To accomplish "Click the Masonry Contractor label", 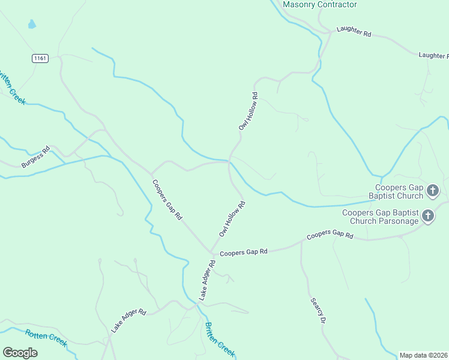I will point(319,5).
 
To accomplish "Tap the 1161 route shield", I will point(40,58).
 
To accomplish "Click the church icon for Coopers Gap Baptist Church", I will point(433,191).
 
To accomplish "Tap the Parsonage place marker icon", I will point(428,216).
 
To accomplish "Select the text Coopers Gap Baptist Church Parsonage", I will point(380,217).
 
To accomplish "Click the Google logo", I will point(20,353).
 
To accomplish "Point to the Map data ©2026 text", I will point(423,355).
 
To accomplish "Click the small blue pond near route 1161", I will point(31,25).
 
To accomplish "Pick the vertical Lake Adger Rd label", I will point(207,280).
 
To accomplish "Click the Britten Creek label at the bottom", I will point(220,340).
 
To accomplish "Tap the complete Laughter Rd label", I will point(354,31).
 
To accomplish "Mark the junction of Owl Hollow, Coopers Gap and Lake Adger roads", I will point(210,252).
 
